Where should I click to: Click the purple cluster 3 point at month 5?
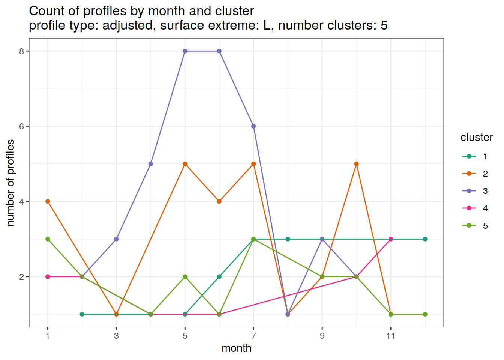[185, 51]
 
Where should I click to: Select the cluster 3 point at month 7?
[253, 126]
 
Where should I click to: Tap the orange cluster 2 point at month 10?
[356, 164]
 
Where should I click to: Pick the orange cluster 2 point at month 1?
[48, 201]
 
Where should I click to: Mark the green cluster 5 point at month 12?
[425, 314]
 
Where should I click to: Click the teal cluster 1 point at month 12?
[425, 239]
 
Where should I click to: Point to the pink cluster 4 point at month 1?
[48, 277]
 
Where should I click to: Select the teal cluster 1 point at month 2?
[82, 314]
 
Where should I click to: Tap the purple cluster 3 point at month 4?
[151, 164]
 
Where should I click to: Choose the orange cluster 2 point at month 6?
[219, 201]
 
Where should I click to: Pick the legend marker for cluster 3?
[469, 191]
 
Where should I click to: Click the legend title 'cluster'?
[476, 138]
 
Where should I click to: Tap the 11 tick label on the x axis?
[391, 336]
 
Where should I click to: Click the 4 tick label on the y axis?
[21, 202]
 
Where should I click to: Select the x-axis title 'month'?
[236, 348]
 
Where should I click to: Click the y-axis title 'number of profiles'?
[11, 183]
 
